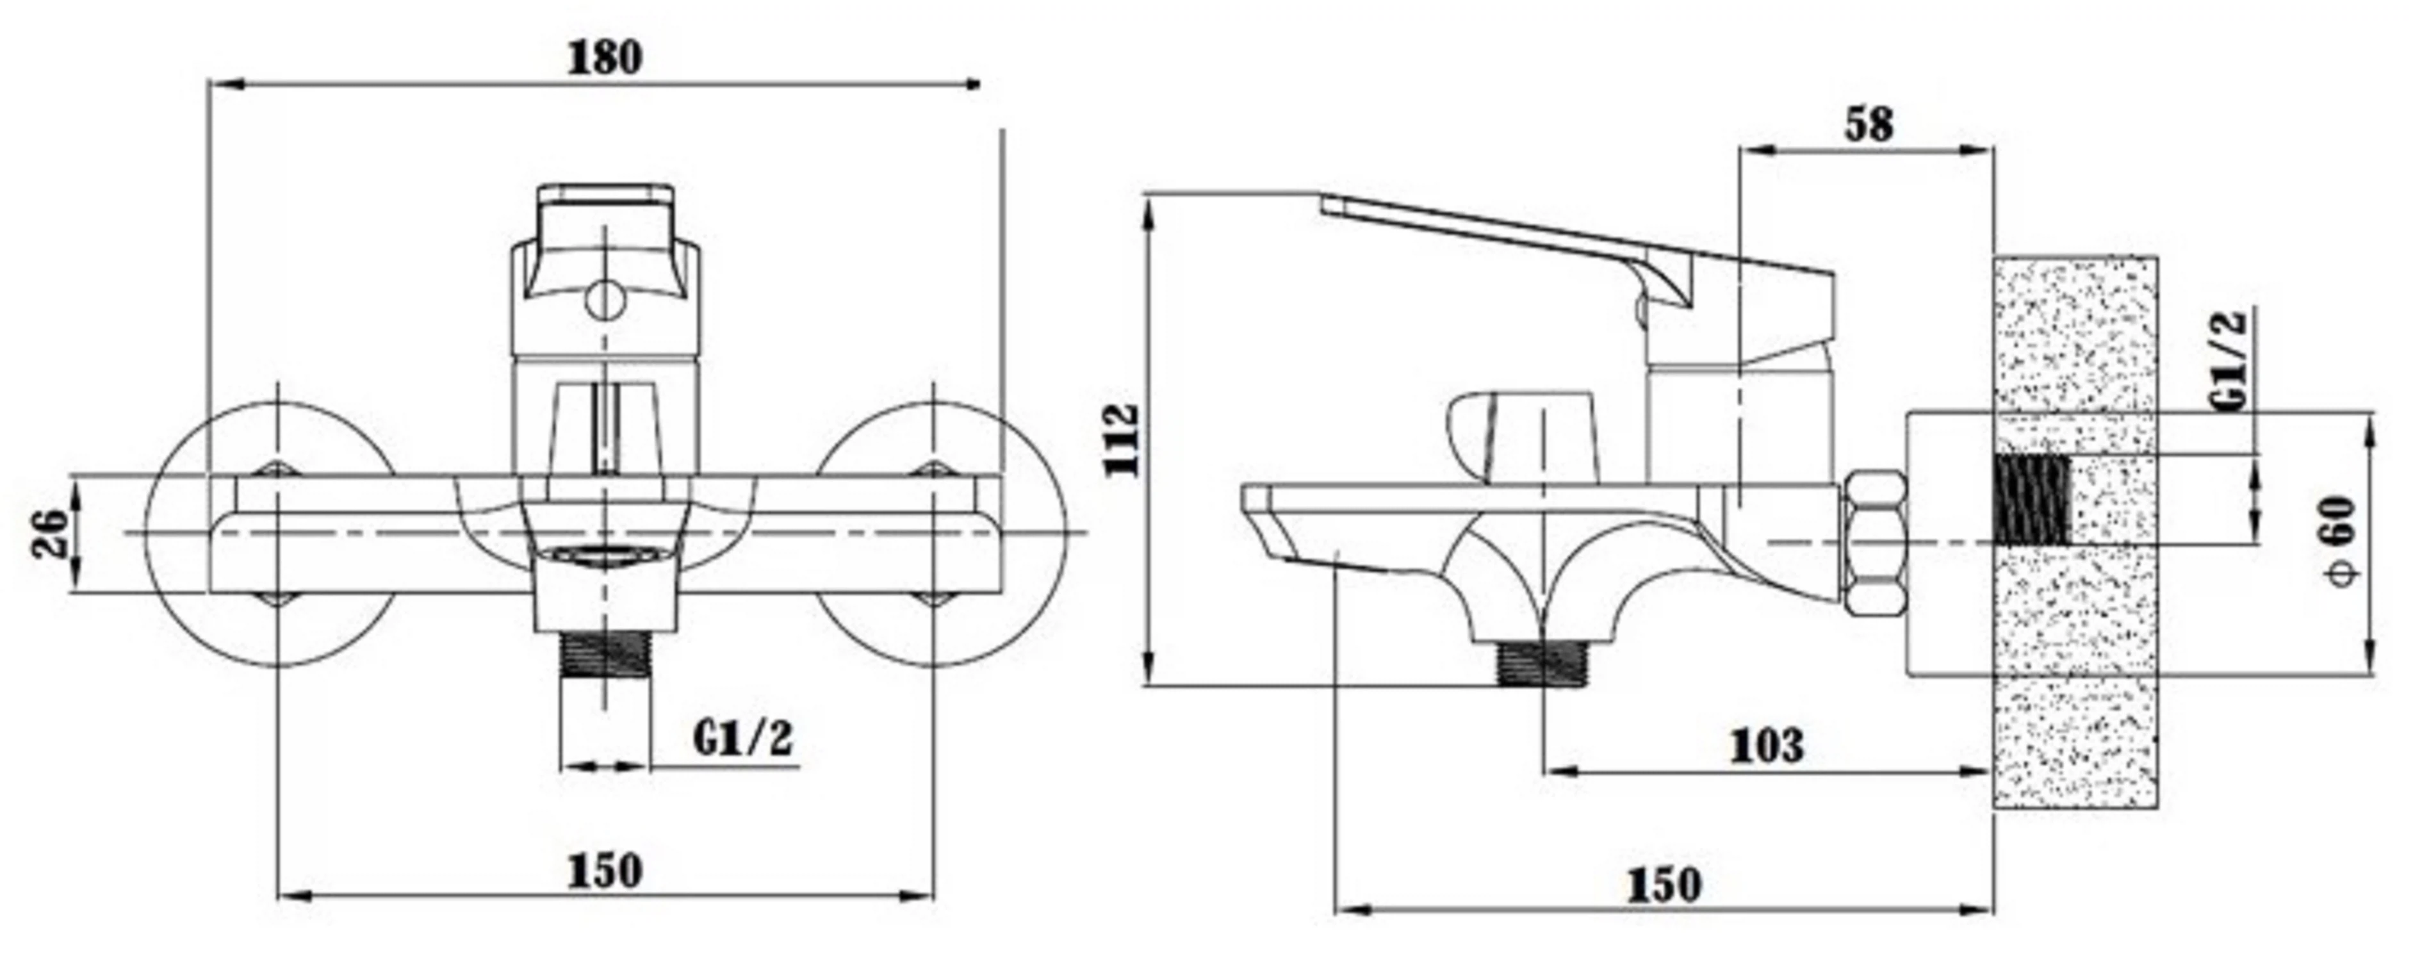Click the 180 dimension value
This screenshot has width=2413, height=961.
606,58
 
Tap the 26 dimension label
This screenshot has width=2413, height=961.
51,533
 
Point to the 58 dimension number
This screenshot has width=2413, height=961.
1869,124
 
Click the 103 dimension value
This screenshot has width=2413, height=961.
1766,746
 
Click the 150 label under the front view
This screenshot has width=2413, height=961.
605,871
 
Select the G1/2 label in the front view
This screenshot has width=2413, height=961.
743,738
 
